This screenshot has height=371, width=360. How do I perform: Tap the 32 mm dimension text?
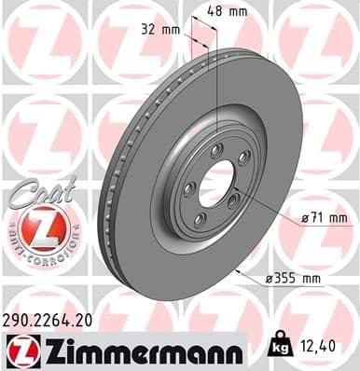[x=168, y=29]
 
